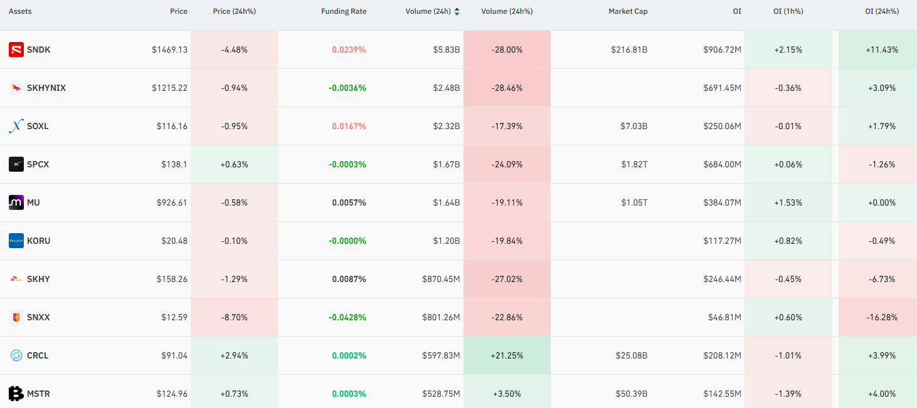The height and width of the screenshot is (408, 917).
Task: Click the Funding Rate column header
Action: pyautogui.click(x=344, y=11)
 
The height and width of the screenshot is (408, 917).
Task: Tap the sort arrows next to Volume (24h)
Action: pyautogui.click(x=457, y=11)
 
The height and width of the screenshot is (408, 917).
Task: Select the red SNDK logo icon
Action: pyautogui.click(x=16, y=50)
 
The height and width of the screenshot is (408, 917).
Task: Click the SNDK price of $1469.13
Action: pyautogui.click(x=169, y=50)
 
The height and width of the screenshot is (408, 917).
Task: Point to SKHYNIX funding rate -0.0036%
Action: pyautogui.click(x=347, y=88)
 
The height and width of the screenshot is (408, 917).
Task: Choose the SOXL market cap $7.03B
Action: pyautogui.click(x=633, y=126)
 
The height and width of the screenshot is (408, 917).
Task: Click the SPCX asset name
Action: pyautogui.click(x=38, y=164)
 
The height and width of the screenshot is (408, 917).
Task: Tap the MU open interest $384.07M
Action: pyautogui.click(x=722, y=202)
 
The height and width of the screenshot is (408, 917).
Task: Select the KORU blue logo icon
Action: pyautogui.click(x=16, y=241)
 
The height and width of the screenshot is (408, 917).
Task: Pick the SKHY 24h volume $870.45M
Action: pyautogui.click(x=441, y=279)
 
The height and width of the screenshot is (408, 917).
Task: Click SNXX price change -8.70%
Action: pyautogui.click(x=234, y=317)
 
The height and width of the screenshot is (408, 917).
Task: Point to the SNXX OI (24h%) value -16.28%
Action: pyautogui.click(x=882, y=317)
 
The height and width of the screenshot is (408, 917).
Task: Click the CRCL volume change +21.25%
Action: pyautogui.click(x=507, y=355)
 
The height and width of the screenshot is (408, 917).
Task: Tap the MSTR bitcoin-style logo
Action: pyautogui.click(x=16, y=394)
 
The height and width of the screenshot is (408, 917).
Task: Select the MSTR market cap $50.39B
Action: pyautogui.click(x=631, y=394)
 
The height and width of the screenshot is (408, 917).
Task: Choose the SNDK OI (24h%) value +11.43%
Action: pyautogui.click(x=882, y=50)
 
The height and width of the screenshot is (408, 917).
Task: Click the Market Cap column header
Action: pyautogui.click(x=628, y=11)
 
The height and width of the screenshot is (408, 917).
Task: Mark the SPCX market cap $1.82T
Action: pyautogui.click(x=634, y=164)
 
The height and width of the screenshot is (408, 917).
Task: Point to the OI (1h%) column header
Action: pyautogui.click(x=788, y=11)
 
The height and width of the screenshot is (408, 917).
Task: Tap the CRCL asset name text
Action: pyautogui.click(x=38, y=355)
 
